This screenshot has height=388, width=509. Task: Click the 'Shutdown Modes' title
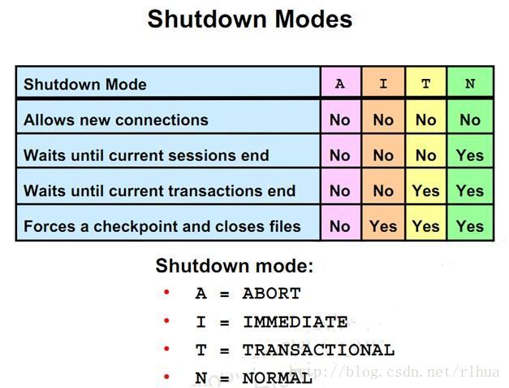pos(250,20)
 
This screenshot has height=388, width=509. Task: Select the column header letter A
pos(340,84)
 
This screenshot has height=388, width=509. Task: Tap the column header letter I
pos(383,84)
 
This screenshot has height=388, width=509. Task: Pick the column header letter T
pos(426,84)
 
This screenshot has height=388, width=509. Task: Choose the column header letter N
pos(470,84)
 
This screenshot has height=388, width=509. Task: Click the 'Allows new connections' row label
pos(116,120)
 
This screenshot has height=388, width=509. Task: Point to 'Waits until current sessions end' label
pos(146,155)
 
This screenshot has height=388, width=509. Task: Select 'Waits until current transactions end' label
pos(159,190)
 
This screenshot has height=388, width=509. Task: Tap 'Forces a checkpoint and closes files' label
pos(162,226)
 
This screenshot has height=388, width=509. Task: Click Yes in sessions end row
pos(470,155)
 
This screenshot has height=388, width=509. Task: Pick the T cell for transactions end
pos(426,190)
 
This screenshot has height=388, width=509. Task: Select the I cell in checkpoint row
pos(383,226)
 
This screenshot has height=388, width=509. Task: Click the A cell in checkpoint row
pos(340,226)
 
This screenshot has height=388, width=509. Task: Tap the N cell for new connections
pos(470,120)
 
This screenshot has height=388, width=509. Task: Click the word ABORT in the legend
pos(271,294)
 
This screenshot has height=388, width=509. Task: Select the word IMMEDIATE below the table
pos(295,322)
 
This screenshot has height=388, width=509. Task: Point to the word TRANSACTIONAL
pos(318,351)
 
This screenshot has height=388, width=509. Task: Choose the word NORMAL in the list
pos(277,378)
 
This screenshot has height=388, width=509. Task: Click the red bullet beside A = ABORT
pos(166,292)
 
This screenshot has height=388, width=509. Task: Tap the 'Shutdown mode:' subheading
pos(235,266)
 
